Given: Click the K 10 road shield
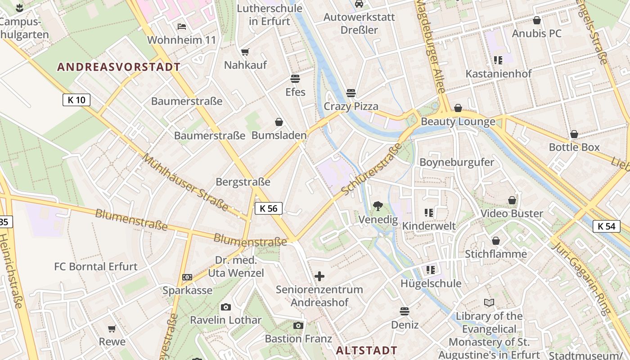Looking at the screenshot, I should point(76,100).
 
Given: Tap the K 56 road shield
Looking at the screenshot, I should point(269,208).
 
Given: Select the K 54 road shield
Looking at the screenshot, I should point(606,226).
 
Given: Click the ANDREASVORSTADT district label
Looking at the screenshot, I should point(119,67).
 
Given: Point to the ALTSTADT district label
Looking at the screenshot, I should point(367,350).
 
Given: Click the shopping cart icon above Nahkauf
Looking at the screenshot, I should point(245,52).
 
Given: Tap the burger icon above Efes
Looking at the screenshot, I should point(295,79).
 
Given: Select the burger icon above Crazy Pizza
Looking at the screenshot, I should point(351,93).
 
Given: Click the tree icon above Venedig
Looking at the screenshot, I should point(378,207).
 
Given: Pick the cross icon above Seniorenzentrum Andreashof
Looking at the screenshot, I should point(319,276).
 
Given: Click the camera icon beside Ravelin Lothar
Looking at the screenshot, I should point(226,307).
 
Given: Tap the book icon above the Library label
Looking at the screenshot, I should point(489,303).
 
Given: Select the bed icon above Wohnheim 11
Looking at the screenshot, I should point(182,27).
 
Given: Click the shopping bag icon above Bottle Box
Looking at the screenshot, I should point(574,134).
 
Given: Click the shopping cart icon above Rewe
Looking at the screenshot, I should point(112,329).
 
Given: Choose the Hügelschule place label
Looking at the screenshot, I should point(431,283).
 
